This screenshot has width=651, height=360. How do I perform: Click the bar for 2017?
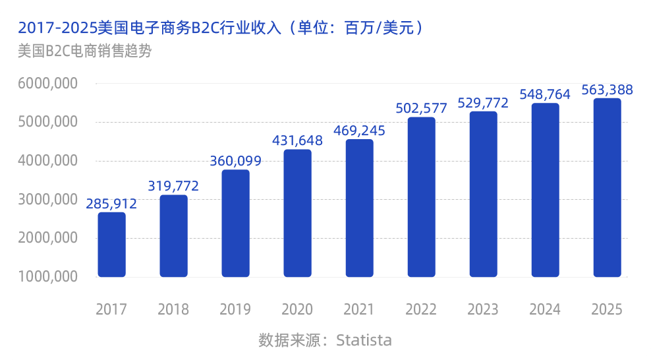pos(111,245)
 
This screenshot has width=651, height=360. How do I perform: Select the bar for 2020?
pos(297,213)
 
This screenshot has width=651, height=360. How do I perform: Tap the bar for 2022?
pos(421,197)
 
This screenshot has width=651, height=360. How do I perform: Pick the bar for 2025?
pos(607,188)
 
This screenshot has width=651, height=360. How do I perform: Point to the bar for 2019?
pos(235,224)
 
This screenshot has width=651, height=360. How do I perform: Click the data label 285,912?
pos(111,204)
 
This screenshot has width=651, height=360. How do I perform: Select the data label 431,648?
pos(298,140)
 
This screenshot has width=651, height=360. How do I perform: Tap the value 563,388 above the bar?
pos(607,90)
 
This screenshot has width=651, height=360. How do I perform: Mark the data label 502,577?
pos(421,108)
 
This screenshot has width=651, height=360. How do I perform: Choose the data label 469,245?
pos(359,131)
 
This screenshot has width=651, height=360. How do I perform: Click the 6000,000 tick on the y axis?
pos(48,84)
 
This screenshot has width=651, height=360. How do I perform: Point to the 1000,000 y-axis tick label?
pos(48,277)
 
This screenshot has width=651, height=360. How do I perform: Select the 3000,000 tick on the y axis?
pos(48,200)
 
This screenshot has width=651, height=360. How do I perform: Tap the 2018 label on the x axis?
pos(173,309)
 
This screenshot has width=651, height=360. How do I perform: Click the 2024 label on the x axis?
pos(545,309)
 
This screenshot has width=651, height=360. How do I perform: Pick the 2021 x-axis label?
pos(359,309)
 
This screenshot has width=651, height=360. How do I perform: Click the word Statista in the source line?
pos(364,340)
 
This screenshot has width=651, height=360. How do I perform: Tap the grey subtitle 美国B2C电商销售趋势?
pos(85,51)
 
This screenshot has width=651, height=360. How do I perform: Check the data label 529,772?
pos(483,103)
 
